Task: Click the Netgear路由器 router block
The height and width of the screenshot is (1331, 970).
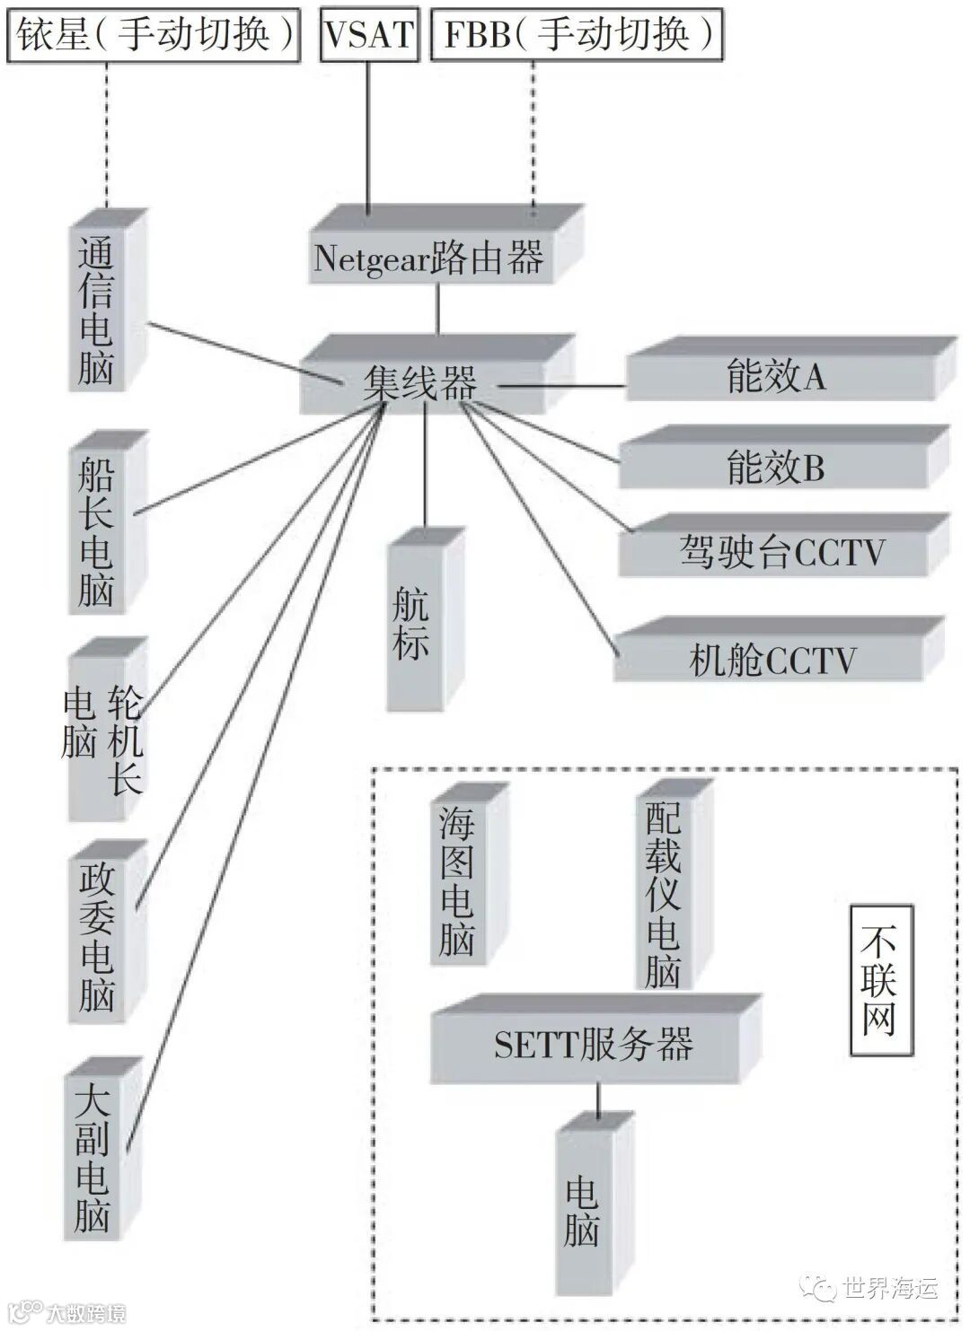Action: coord(429,258)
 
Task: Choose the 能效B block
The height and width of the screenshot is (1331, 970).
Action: coord(776,467)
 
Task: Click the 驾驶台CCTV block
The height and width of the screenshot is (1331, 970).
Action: coord(781,551)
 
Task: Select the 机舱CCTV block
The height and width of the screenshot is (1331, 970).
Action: coord(772,660)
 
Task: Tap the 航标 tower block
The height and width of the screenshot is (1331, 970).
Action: coord(411,626)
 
